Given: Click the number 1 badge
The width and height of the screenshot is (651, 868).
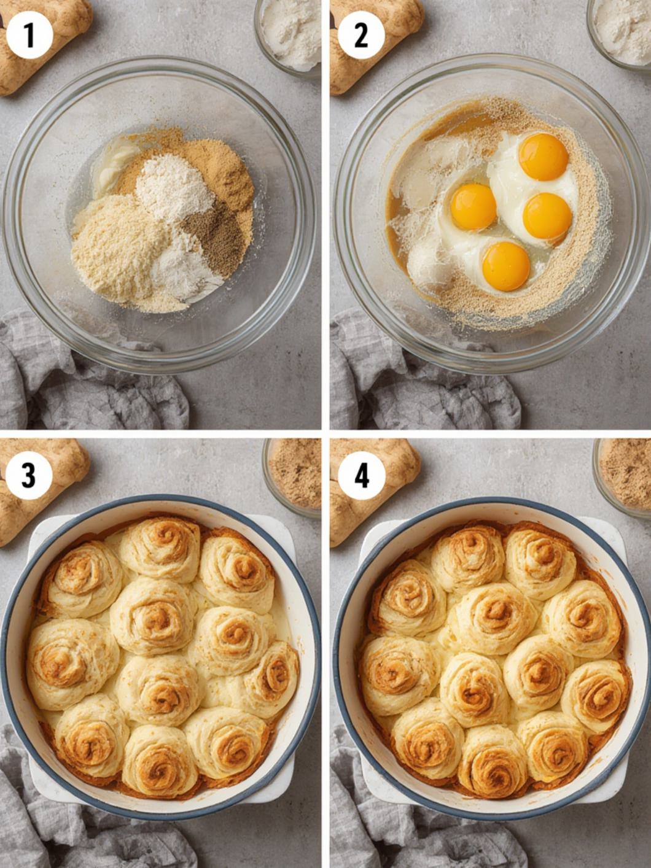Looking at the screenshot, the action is click(29, 35).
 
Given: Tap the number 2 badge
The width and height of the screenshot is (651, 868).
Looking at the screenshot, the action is click(361, 35).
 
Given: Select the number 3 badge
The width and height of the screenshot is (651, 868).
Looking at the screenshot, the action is click(29, 476).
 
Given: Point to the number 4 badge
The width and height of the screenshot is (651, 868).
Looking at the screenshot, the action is click(362, 476).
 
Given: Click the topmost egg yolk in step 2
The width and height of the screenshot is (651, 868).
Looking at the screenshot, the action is click(544, 157).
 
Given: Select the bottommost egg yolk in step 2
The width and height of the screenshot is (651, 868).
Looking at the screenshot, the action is click(506, 266).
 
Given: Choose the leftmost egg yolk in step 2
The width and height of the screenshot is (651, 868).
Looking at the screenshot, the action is click(474, 206).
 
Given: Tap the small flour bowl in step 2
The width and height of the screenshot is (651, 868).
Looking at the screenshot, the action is click(619, 34).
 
